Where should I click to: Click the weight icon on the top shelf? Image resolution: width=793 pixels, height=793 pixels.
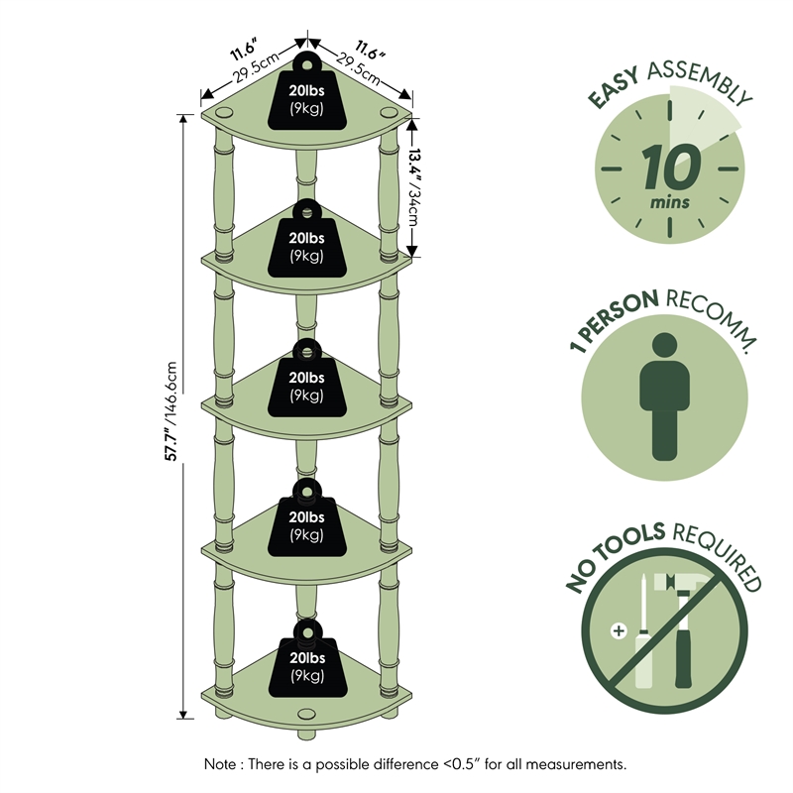pos(305,95)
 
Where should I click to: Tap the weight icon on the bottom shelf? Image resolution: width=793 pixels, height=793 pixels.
pos(305,660)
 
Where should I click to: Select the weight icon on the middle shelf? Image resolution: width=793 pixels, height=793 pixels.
pos(305,381)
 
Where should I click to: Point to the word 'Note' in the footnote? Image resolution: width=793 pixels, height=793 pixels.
pos(222,764)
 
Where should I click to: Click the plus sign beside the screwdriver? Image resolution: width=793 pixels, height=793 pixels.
pos(621,631)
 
